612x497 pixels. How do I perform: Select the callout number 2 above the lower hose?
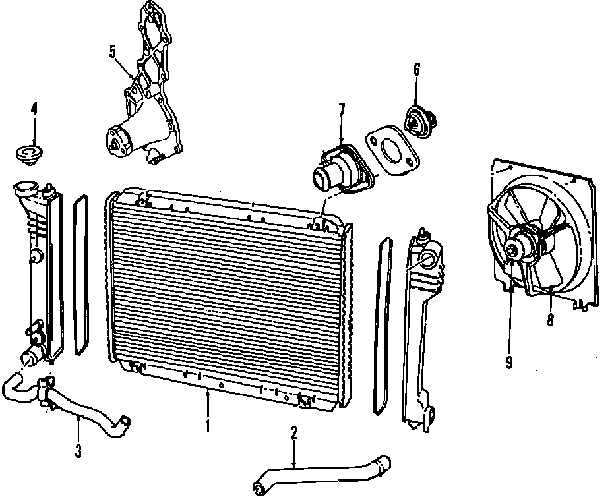(294, 433)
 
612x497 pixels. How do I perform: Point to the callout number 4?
(34, 109)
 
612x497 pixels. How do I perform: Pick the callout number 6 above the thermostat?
(417, 68)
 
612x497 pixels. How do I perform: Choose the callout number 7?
(341, 109)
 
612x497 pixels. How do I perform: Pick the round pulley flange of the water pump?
(119, 141)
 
